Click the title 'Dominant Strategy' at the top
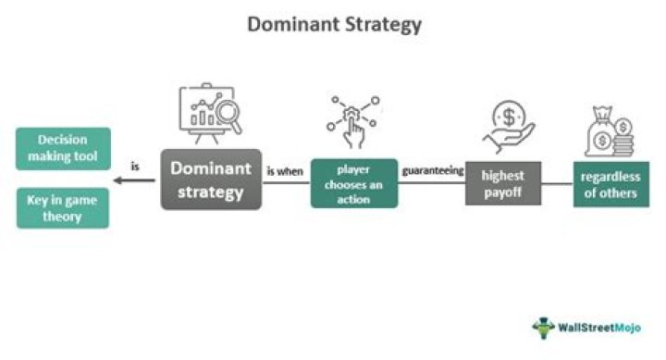[x=333, y=24]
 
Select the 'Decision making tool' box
[x=63, y=148]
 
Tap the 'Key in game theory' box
[x=63, y=208]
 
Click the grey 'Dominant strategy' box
[x=212, y=180]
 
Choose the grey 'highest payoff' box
[x=502, y=183]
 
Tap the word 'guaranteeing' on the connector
[x=432, y=171]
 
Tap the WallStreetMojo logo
[x=592, y=328]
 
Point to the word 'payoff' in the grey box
[x=503, y=192]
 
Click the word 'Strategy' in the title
[x=378, y=24]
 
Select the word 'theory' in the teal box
[x=63, y=217]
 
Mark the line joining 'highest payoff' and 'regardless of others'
[x=557, y=183]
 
